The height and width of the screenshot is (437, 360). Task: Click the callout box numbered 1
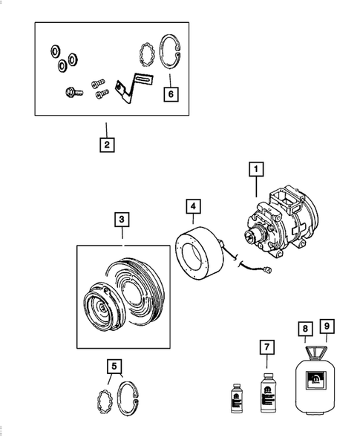tap(255, 171)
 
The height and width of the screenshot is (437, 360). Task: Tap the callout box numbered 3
tap(122, 220)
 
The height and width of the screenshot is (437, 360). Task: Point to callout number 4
tap(192, 206)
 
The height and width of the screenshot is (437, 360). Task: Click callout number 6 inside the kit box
tap(171, 94)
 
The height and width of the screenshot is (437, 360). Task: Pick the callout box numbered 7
tap(267, 348)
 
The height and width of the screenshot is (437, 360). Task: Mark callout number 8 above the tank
tap(304, 326)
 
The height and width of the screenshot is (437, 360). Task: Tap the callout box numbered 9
tap(327, 326)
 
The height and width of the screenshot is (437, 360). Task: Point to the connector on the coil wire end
tap(275, 272)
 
